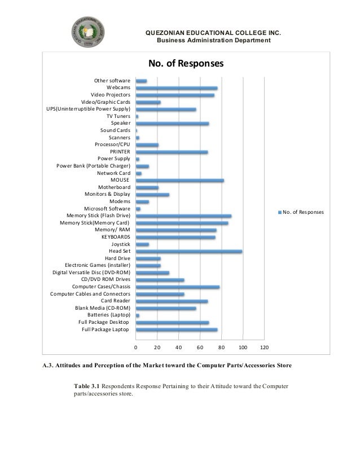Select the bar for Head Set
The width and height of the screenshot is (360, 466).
point(189,252)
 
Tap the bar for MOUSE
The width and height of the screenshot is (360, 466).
point(180,181)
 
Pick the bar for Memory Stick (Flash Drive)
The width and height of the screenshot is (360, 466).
point(184,216)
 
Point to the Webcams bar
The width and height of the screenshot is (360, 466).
point(177,88)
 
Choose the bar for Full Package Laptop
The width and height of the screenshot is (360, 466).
point(177,330)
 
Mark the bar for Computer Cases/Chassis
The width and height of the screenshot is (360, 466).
point(178,287)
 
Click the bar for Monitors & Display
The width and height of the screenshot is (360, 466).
point(152,195)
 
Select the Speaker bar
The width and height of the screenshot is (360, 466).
point(172,124)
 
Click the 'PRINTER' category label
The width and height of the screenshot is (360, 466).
point(120,152)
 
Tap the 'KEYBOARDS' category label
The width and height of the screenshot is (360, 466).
point(116,238)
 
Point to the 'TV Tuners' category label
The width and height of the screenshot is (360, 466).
point(118,116)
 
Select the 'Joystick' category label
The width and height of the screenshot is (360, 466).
point(121,244)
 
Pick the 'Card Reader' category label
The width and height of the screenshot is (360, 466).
point(115,301)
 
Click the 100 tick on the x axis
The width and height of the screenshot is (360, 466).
point(243,347)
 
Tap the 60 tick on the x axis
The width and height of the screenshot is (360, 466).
point(200,347)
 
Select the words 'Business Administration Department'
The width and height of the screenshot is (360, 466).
point(213,40)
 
